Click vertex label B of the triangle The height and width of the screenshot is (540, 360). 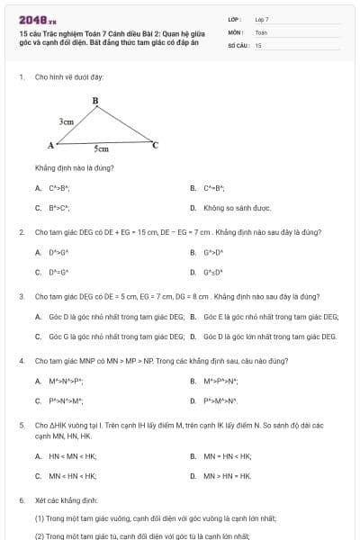(x=94, y=101)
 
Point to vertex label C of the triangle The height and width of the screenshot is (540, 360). (x=155, y=144)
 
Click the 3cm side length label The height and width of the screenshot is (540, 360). (x=67, y=120)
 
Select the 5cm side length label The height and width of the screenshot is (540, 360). (x=102, y=149)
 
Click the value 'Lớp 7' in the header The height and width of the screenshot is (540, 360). (x=262, y=18)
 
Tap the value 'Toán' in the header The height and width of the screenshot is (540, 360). (x=261, y=31)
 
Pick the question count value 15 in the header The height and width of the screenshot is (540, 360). (x=258, y=44)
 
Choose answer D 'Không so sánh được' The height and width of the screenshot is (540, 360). (x=237, y=208)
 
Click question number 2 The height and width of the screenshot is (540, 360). (x=21, y=232)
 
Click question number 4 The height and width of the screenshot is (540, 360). (x=21, y=361)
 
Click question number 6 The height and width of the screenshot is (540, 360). (x=21, y=499)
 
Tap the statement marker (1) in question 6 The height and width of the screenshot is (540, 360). (x=40, y=518)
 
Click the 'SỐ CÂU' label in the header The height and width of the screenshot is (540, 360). (x=237, y=44)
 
